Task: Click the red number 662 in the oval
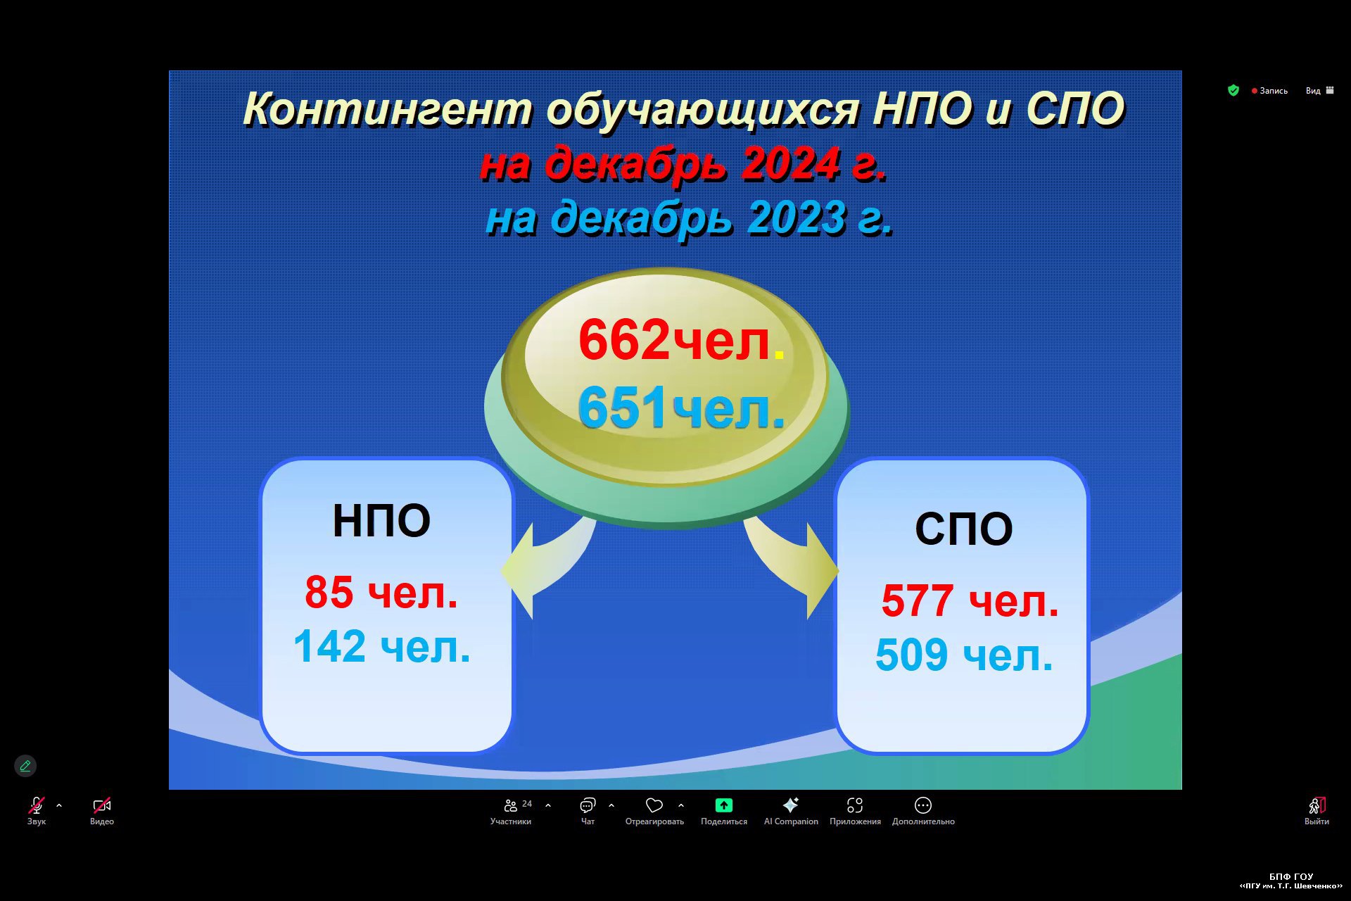624,340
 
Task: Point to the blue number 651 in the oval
622,407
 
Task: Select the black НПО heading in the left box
381,521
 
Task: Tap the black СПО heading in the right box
963,529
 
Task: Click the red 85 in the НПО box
329,592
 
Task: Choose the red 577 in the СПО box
917,600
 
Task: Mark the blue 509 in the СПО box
911,655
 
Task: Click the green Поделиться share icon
724,805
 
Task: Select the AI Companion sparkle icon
791,805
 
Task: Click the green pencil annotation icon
25,766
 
